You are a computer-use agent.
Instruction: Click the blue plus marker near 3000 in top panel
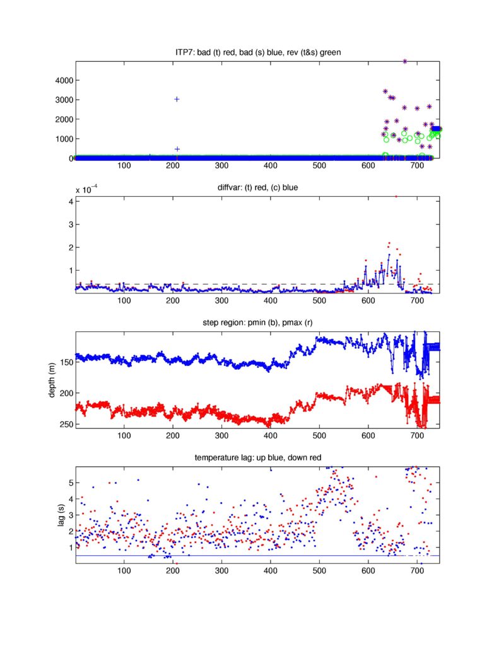(177, 99)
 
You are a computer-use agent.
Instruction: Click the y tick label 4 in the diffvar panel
(68, 201)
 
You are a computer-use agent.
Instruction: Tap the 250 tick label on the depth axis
(64, 425)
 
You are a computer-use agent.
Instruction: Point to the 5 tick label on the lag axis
(68, 483)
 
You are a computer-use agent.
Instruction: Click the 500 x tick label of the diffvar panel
(319, 300)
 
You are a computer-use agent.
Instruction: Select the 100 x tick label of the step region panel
(124, 435)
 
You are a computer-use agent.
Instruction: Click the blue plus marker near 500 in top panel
(177, 149)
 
